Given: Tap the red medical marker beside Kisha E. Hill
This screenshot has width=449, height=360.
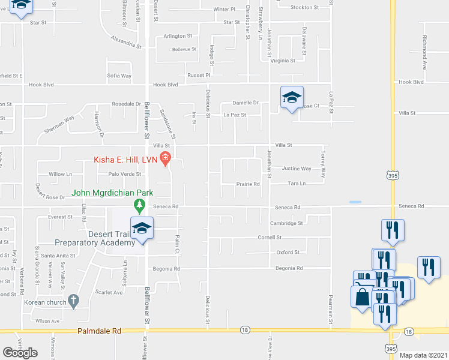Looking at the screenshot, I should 166,160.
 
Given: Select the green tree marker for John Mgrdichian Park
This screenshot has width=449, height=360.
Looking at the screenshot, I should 140,206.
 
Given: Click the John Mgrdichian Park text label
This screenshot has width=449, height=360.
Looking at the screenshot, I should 112,193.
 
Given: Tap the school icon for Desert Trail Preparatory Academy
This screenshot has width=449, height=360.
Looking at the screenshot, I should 142,229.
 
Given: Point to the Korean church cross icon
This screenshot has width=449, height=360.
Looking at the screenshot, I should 73,300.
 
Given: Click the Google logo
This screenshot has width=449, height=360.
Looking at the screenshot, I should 20,353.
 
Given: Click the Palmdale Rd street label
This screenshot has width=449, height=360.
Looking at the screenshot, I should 99,331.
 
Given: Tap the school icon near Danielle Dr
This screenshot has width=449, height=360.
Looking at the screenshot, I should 292,98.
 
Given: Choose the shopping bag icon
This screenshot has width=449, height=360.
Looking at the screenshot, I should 363,296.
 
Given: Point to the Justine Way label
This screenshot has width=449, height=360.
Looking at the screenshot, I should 297,169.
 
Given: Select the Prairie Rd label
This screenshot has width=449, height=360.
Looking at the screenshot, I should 247,184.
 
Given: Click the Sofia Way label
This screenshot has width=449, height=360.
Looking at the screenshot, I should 119,76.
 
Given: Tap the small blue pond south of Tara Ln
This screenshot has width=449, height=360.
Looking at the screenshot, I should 355,202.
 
